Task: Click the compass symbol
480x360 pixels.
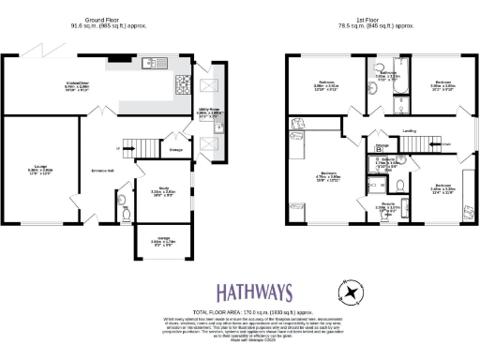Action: tap(351, 292)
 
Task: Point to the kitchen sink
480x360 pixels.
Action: tap(151, 65)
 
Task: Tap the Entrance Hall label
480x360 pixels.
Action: tap(100, 169)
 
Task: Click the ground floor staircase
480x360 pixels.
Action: tap(140, 148)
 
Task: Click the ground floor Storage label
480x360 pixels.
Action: tap(175, 148)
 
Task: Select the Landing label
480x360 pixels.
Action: tap(409, 131)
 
